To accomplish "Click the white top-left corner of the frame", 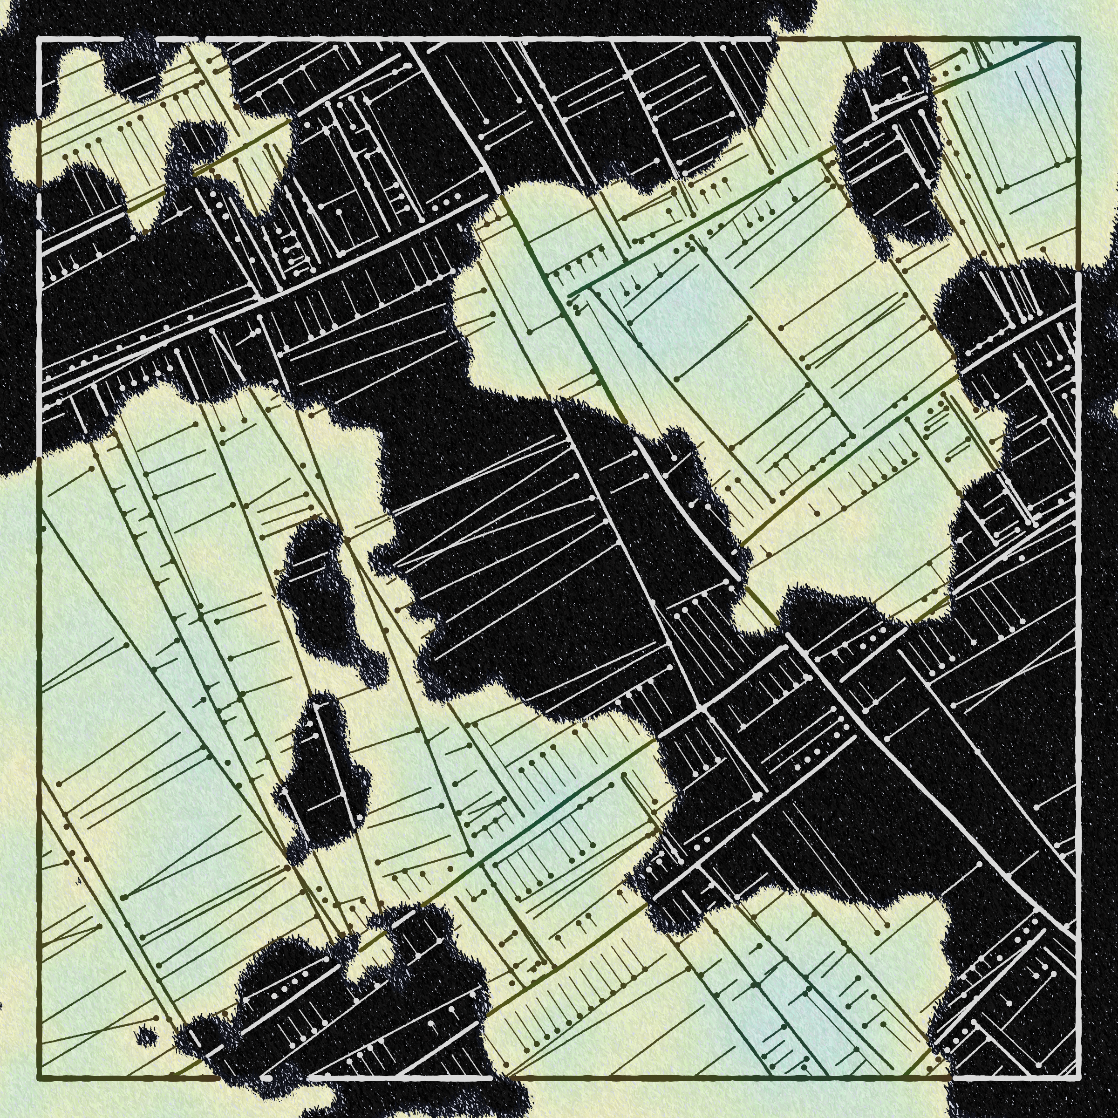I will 39,39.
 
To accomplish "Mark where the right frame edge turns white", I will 1078,273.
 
